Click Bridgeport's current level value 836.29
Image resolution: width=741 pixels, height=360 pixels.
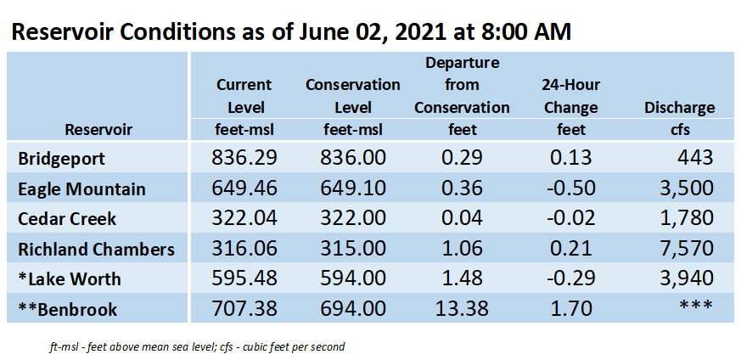click(244, 158)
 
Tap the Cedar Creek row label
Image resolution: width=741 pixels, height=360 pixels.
click(67, 219)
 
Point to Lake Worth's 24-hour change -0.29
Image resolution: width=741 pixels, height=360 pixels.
click(571, 278)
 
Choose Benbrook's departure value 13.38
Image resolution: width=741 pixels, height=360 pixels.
click(463, 309)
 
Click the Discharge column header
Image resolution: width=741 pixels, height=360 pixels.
click(680, 108)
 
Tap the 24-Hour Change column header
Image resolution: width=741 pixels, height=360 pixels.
click(572, 97)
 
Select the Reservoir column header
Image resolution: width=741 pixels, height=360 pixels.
click(98, 129)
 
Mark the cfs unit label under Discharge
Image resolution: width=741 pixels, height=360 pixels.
click(680, 129)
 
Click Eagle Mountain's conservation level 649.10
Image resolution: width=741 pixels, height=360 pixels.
click(353, 188)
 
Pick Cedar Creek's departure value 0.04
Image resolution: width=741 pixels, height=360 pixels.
click(463, 218)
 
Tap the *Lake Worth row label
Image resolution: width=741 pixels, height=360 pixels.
click(70, 279)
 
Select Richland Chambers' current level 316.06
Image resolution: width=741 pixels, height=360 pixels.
click(244, 249)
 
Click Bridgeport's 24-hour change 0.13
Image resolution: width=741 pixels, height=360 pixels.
click(571, 158)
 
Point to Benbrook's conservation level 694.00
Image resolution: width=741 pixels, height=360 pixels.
click(353, 309)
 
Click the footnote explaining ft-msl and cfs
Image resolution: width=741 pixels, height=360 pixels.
click(197, 347)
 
